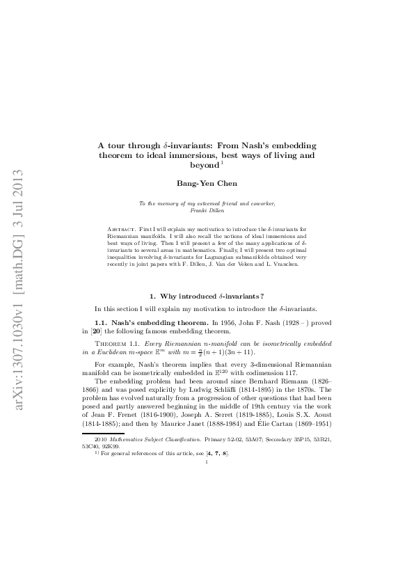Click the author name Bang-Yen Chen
click(207, 183)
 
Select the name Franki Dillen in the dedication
click(207, 209)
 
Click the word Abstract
click(122, 228)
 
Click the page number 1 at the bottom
click(207, 480)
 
